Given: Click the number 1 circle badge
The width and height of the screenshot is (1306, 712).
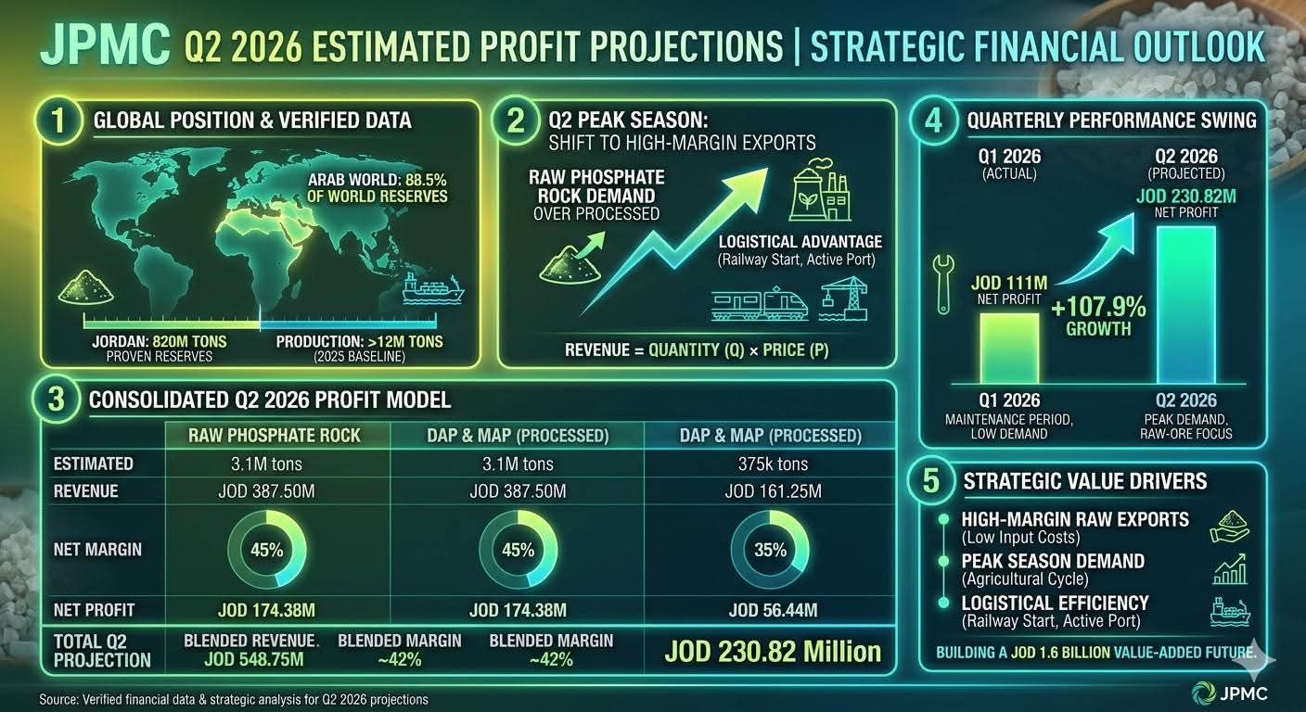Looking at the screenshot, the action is click(58, 121).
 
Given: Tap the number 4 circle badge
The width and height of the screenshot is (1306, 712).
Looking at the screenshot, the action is click(933, 121).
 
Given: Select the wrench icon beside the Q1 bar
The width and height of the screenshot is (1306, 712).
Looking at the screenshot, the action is click(942, 285).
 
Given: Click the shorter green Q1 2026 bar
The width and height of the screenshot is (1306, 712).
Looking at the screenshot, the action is click(1008, 349).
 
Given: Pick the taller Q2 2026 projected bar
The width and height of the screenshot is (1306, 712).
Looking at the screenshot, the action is click(1186, 305).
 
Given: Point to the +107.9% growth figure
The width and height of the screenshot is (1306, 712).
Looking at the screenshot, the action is click(1098, 307).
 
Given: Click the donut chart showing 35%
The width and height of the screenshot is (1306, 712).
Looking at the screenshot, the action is click(770, 550).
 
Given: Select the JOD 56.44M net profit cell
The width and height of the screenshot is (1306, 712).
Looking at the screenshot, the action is click(773, 610).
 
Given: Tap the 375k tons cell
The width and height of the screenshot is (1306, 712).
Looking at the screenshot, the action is click(773, 464).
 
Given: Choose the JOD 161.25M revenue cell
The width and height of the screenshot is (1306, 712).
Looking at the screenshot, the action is click(773, 491).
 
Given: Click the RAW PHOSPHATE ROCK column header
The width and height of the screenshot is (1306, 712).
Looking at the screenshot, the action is click(274, 435).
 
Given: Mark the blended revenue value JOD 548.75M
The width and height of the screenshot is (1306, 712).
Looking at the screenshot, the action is click(253, 659).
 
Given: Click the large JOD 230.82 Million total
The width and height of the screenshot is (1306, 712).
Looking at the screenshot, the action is click(773, 652).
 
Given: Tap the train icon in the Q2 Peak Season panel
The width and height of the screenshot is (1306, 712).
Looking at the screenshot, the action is click(760, 303).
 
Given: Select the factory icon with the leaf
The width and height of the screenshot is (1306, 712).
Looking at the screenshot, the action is click(819, 189).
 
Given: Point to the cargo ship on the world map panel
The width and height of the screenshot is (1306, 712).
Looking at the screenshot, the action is click(433, 288).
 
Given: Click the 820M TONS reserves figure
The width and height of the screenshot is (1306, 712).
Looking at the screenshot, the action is click(189, 341).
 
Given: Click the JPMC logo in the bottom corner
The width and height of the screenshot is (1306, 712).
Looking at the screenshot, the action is click(1230, 693).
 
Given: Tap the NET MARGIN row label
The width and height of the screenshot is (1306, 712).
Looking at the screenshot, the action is click(97, 550).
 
